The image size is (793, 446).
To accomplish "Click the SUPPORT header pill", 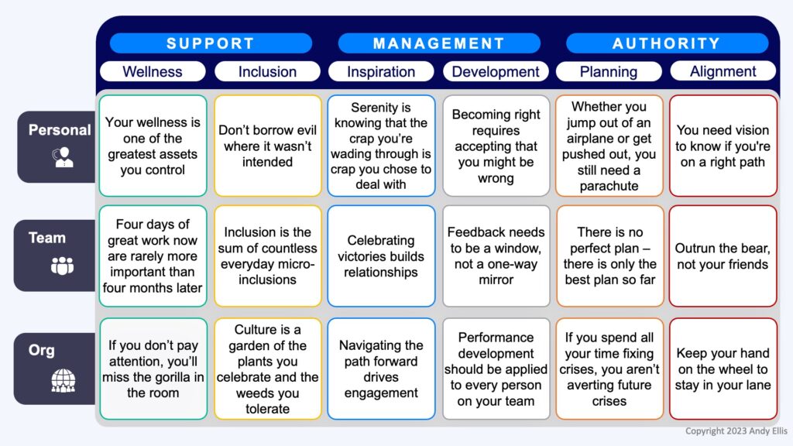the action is click(211, 43).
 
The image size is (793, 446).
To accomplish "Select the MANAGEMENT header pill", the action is click(439, 43).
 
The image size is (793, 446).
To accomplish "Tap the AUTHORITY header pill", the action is click(667, 43).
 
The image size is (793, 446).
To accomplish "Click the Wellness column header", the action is click(153, 71).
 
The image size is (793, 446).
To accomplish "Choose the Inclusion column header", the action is click(267, 71).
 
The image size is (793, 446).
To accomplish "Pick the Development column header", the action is click(496, 71).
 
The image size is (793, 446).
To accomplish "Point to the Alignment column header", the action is click(723, 70).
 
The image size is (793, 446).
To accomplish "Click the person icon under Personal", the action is click(63, 156).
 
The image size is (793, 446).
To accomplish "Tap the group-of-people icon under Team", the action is click(62, 266).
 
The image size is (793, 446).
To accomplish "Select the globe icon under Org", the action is click(64, 380).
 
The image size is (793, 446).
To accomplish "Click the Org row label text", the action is click(42, 350).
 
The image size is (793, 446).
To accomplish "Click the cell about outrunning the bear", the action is click(723, 256).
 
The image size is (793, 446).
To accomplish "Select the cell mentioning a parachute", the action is click(609, 146).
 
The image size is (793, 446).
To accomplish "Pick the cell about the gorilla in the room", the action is click(153, 369).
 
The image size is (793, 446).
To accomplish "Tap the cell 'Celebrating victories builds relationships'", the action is click(381, 256).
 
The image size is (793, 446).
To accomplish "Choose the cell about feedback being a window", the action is click(496, 256).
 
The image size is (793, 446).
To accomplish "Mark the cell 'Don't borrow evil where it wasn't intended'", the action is click(267, 146).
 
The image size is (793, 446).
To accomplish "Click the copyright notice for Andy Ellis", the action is click(736, 431).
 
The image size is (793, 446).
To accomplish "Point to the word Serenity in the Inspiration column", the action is click(374, 107).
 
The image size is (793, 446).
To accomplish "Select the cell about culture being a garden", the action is click(267, 369).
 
